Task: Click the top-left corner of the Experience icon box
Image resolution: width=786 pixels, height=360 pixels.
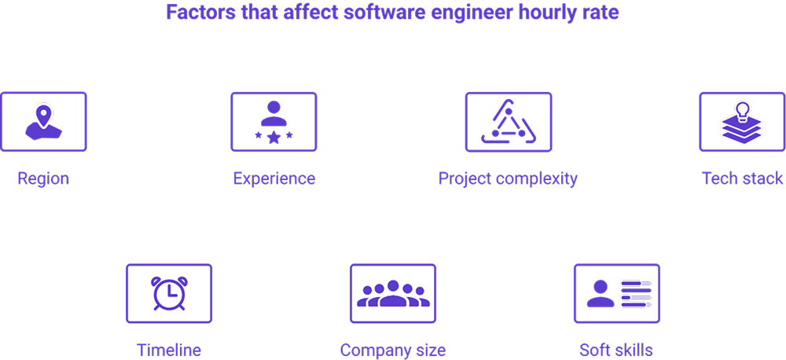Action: pos(231,93)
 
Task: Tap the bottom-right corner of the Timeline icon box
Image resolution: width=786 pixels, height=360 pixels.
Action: pos(211,322)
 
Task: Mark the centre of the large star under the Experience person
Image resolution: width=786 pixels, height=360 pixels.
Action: pos(274,138)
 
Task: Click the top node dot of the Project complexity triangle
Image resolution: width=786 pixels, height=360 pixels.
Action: pos(508,111)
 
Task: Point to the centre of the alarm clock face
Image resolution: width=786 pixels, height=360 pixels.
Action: pos(169,294)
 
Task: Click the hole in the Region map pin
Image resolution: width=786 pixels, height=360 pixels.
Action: pos(43,112)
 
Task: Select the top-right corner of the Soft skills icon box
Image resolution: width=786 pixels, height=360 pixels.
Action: pos(659,265)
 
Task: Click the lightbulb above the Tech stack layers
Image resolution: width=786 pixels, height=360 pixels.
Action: pos(742,110)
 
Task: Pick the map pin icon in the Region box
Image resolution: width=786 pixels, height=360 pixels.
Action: pos(43,116)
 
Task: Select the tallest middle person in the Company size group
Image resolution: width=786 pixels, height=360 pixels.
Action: pos(393,294)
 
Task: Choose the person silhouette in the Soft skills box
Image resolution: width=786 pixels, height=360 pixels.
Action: pos(601,294)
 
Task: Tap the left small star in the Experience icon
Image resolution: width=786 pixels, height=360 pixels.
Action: pos(258,135)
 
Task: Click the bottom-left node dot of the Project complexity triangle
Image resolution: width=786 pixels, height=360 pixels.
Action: pos(494,134)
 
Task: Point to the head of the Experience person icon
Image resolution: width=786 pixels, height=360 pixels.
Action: pos(274,108)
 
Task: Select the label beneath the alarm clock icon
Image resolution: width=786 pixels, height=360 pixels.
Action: pos(169,350)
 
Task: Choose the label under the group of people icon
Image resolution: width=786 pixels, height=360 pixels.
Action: pos(393,350)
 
